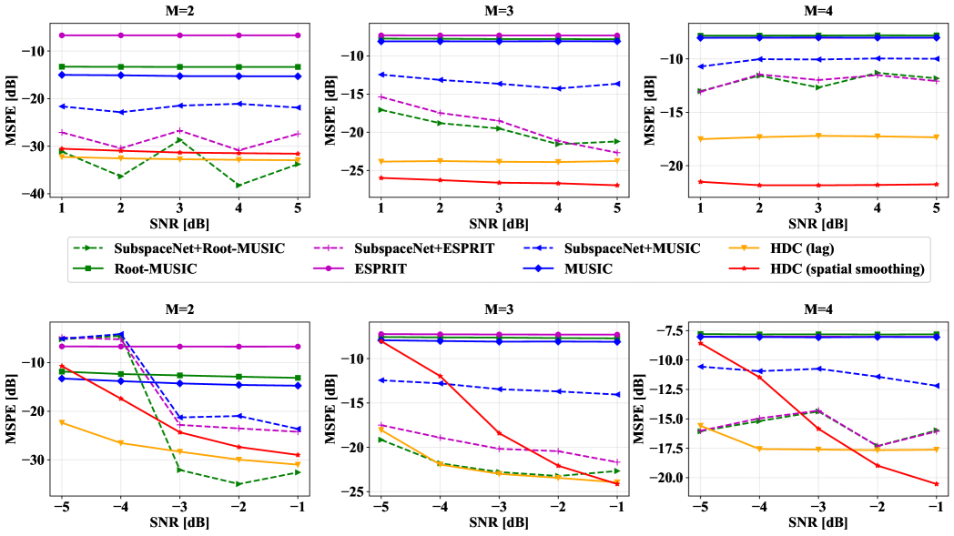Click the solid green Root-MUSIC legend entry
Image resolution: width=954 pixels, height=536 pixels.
point(157,268)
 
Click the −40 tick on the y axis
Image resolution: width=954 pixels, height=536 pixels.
point(34,194)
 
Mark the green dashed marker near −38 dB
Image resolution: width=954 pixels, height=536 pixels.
point(239,186)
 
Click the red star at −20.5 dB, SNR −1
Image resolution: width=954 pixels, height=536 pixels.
point(937,484)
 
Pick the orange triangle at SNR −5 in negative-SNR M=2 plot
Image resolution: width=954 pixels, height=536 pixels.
point(62,422)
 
